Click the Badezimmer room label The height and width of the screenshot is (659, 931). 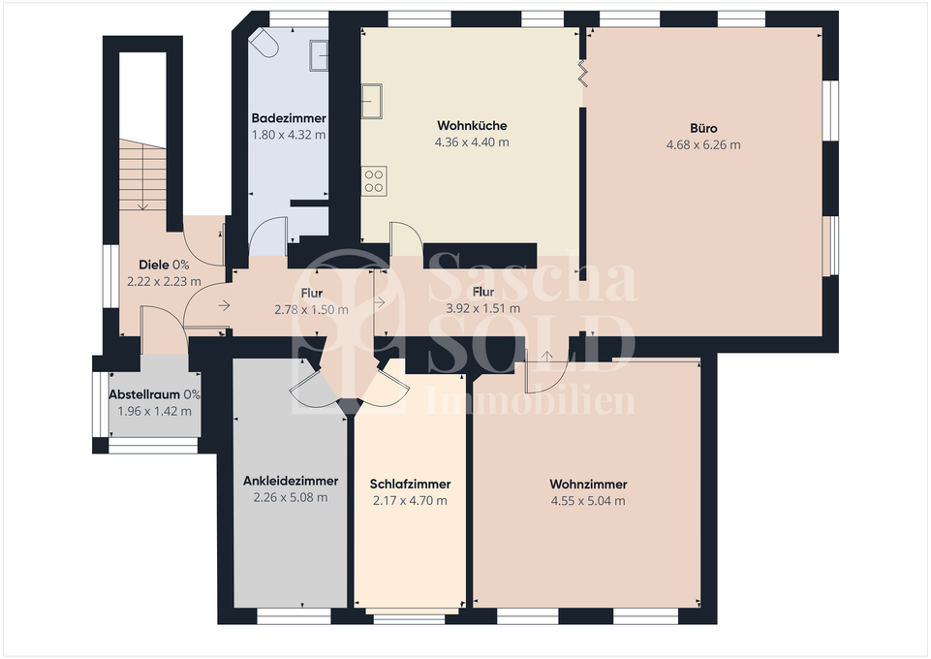click(288, 118)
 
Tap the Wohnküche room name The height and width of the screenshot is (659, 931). click(472, 126)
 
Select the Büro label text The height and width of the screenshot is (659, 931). click(703, 128)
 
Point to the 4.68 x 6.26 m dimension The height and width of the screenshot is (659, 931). click(703, 145)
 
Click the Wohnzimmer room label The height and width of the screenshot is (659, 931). click(588, 485)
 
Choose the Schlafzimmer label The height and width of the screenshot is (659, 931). click(410, 485)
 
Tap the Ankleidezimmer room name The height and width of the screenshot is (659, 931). click(291, 481)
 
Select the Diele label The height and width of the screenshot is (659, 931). click(154, 265)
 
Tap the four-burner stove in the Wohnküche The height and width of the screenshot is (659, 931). click(374, 179)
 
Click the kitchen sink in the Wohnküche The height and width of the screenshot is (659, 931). click(374, 100)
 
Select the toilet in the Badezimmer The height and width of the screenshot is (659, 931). click(264, 44)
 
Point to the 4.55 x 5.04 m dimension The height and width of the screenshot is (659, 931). click(588, 501)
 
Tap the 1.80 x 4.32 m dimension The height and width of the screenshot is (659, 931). click(288, 135)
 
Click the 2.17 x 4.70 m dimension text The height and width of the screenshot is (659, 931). click(410, 501)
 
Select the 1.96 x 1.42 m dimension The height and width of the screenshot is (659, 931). click(154, 411)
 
